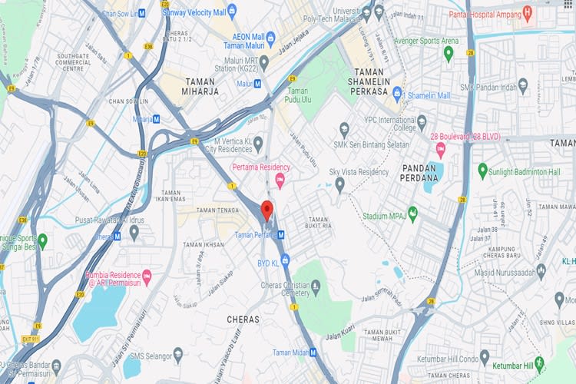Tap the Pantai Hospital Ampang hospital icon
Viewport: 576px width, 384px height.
coord(527,13)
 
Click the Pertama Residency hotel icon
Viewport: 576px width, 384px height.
coord(280,180)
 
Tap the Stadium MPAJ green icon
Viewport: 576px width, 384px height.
coord(412,213)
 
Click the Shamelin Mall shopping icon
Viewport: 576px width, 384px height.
coord(397,95)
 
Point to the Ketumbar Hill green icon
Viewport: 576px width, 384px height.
coord(540,362)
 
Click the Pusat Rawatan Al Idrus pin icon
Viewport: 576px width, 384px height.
coord(134,230)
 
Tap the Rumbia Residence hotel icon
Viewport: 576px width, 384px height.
coord(147,276)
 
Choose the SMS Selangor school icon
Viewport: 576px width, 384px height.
coord(178,354)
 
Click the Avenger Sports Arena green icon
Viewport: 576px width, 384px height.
coord(449,53)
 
